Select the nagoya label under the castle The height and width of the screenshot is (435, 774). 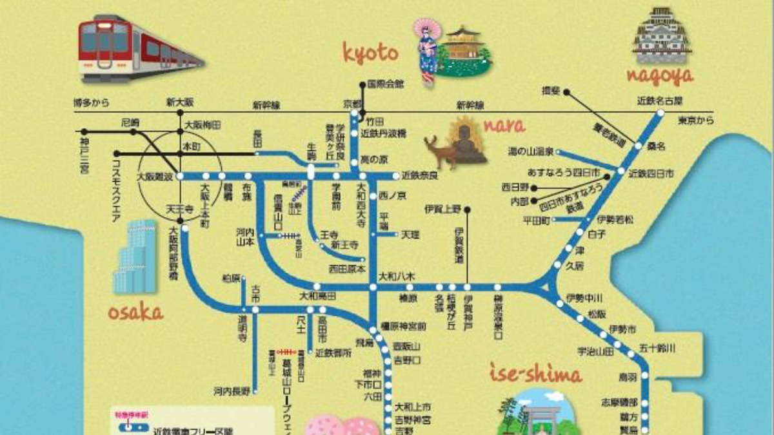click(x=660, y=76)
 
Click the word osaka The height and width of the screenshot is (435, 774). click(x=134, y=313)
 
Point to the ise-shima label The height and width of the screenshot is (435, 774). click(x=536, y=374)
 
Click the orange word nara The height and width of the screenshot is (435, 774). click(x=502, y=125)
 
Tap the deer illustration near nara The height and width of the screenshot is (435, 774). click(x=441, y=151)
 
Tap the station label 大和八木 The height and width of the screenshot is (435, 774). click(x=397, y=276)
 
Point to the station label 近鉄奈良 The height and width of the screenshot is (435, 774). click(x=419, y=175)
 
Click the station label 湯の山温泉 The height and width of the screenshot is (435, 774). click(x=531, y=152)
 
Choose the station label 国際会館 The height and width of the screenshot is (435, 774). click(x=385, y=84)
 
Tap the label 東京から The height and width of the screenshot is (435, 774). click(x=696, y=120)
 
